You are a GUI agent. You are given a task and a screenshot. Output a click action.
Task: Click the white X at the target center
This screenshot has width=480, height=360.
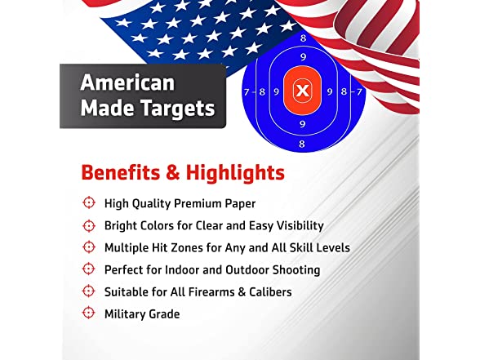(x=302, y=91)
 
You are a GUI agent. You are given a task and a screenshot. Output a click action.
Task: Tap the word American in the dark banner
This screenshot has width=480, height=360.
(x=127, y=83)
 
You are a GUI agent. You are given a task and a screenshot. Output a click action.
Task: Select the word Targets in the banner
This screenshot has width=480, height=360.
(x=178, y=109)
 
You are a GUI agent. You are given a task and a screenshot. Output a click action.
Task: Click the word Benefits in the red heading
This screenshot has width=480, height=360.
(x=121, y=172)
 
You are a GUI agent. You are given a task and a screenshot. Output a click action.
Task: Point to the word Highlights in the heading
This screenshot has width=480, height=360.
(x=235, y=173)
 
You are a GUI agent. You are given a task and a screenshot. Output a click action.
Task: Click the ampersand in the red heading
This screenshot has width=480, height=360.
(x=173, y=173)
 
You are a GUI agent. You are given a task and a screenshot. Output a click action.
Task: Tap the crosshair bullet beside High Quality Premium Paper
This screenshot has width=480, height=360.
(x=89, y=202)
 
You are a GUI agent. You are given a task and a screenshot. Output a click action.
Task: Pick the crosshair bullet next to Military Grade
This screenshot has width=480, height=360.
(x=89, y=313)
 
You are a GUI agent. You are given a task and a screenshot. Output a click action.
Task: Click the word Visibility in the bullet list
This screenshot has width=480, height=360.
(x=300, y=226)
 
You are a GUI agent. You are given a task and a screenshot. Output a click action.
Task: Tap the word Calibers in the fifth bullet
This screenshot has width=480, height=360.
(x=270, y=292)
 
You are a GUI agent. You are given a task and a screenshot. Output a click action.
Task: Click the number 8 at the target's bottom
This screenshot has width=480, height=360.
(x=302, y=144)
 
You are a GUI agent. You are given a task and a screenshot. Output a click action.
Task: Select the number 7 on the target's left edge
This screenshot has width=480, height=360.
(x=247, y=91)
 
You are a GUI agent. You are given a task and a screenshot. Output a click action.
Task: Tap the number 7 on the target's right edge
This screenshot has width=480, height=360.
(x=359, y=91)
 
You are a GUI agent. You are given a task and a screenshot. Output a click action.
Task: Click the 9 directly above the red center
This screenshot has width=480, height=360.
(x=303, y=57)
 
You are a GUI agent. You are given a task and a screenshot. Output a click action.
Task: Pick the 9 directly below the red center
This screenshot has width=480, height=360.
(x=302, y=124)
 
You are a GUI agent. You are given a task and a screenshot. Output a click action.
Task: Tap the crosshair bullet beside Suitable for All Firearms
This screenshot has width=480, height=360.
(x=89, y=291)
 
